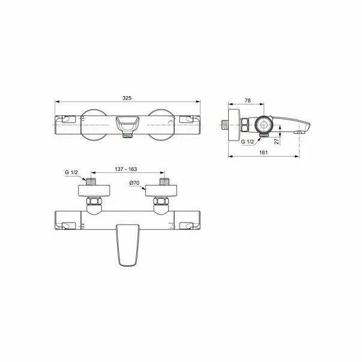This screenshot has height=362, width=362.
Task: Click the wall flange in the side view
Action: point(234,125)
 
